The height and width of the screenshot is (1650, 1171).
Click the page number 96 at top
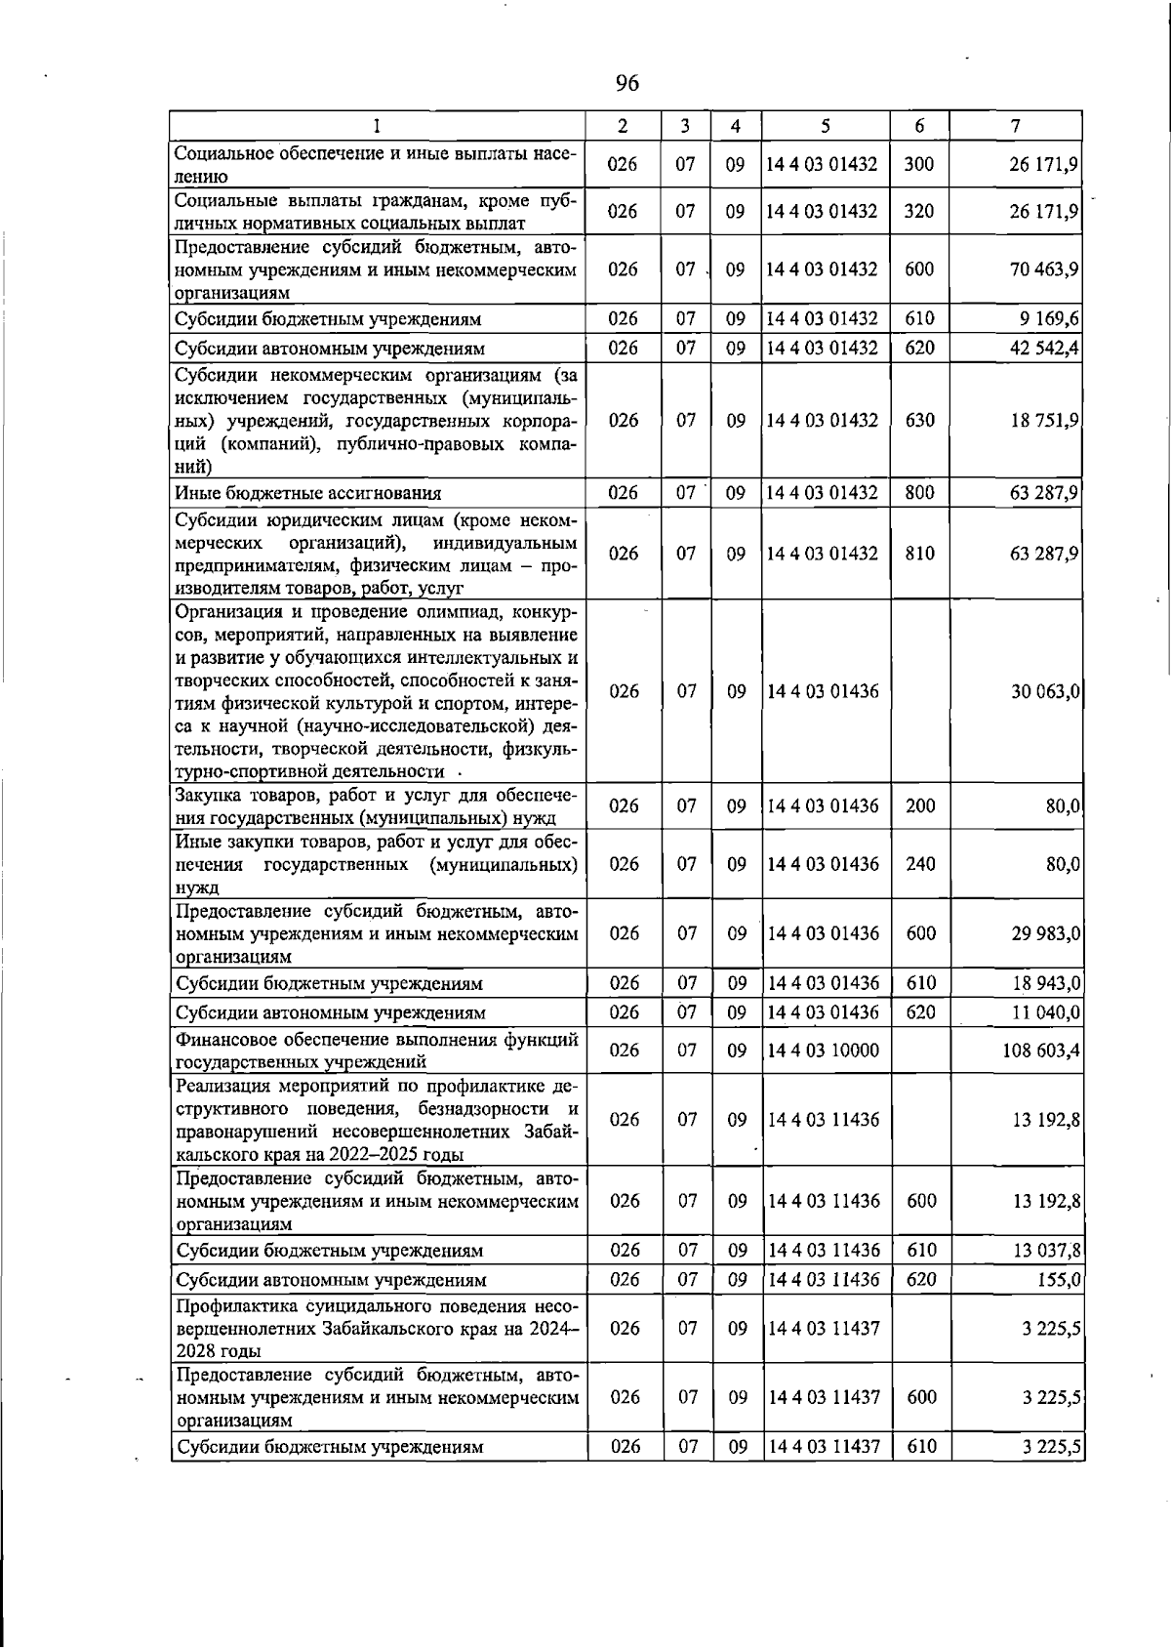[627, 84]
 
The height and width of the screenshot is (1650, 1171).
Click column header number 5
[826, 126]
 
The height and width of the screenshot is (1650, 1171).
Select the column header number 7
[1016, 126]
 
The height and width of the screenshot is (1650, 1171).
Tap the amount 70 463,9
[1043, 269]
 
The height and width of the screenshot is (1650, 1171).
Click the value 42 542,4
[1043, 349]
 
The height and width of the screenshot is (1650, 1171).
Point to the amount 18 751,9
[1043, 421]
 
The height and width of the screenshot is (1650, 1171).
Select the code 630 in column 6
[919, 421]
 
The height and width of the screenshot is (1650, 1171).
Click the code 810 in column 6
[919, 554]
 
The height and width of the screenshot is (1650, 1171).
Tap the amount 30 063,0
[1044, 692]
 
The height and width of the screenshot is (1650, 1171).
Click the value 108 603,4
[1041, 1051]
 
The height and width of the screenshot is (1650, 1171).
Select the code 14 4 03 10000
[824, 1051]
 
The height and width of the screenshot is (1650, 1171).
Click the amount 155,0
[1060, 1280]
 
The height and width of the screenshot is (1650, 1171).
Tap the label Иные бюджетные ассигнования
[307, 494]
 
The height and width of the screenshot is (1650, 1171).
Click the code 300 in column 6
[919, 165]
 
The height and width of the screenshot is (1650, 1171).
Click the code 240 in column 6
[920, 865]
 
